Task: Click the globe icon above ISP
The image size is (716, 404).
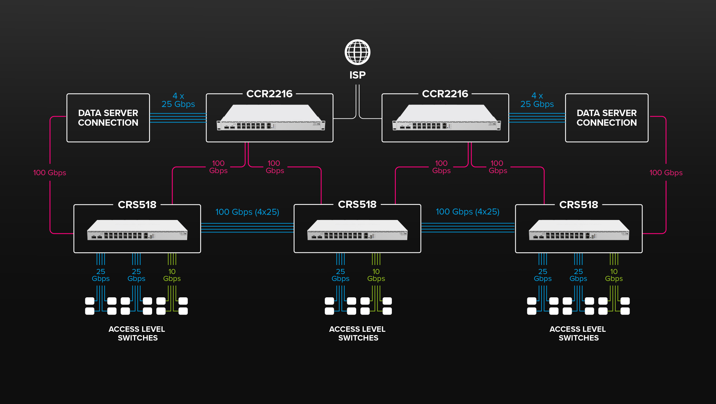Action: point(357,52)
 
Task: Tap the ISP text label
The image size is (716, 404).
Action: point(357,75)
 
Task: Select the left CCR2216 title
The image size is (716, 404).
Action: point(269,94)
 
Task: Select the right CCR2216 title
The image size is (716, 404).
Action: point(445,94)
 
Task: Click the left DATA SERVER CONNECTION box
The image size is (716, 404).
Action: point(108,118)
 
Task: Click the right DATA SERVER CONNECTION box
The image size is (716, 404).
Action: point(607,118)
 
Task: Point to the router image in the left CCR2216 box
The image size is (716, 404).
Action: point(271,118)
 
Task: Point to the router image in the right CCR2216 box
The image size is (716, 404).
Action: point(446,118)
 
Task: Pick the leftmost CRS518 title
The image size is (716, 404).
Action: point(137,205)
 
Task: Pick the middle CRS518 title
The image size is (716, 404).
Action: point(357,205)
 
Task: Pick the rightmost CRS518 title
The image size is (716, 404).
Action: point(578,205)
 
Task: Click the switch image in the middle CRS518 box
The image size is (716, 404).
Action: point(357,230)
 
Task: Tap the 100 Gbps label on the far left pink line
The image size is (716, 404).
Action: point(50,173)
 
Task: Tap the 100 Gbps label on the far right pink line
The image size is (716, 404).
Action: point(666,173)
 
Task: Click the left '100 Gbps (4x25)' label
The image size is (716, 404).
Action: point(247,212)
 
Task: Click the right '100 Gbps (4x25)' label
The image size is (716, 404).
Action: point(467,212)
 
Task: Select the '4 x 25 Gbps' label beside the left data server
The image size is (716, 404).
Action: point(178,100)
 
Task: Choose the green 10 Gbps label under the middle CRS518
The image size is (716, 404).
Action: point(376,275)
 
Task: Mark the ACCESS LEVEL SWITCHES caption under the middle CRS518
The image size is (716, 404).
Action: point(357,333)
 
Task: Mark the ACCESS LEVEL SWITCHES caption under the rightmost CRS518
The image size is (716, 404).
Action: point(578,333)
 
